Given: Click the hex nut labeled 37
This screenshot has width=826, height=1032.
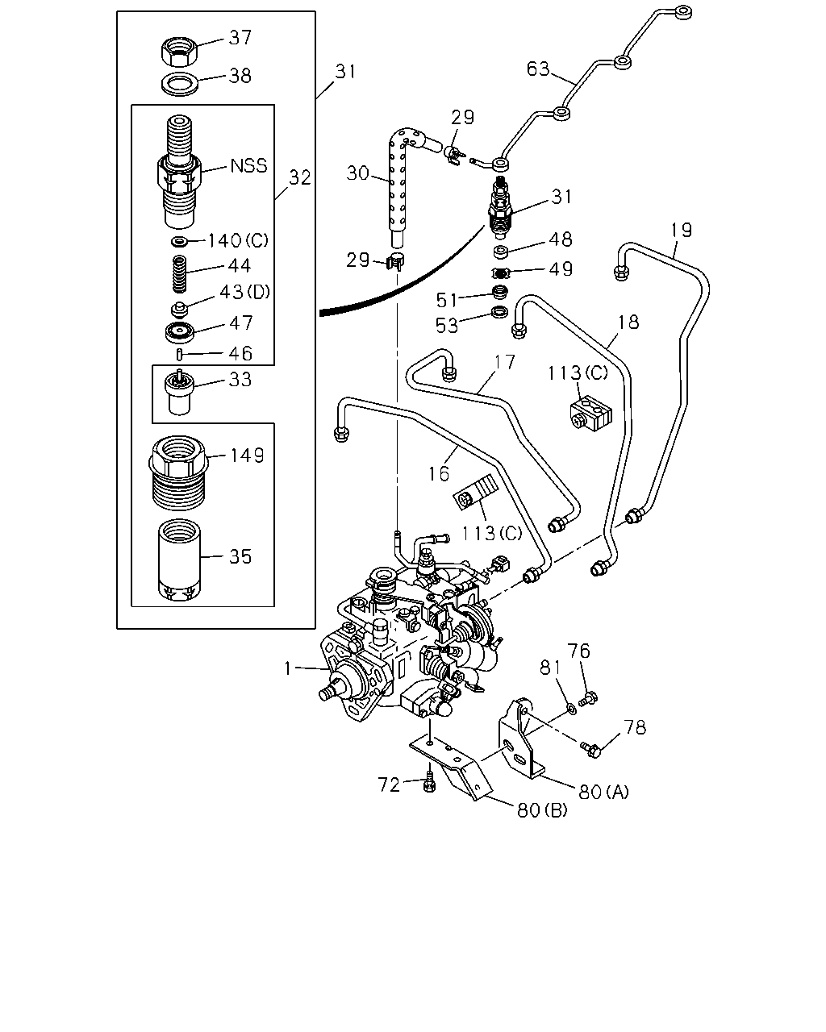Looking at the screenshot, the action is coord(178,52).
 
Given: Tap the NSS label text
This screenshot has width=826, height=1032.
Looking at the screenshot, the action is coord(248,166).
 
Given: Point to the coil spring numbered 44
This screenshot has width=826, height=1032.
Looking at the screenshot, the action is coord(180,274).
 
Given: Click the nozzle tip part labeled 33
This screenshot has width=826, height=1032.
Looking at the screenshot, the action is coord(179,393).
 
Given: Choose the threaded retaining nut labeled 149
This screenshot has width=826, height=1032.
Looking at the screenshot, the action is coord(178,472).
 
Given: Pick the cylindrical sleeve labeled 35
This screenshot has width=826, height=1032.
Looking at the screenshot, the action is coord(179,560).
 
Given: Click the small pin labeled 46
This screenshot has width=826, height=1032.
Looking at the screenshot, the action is coord(180,355).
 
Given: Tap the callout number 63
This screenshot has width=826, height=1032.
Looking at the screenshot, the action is coord(537,69).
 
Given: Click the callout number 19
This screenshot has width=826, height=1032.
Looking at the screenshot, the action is coord(681,231).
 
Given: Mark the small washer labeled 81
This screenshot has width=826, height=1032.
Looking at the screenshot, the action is coord(571,709).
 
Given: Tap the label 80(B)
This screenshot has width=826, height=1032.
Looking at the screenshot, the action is coord(542,810).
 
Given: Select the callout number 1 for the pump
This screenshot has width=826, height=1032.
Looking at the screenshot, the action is coord(287,668).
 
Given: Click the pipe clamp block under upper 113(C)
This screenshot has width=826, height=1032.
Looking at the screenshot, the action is coord(591,410).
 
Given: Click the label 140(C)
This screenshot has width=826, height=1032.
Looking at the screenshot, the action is coord(238,240).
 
